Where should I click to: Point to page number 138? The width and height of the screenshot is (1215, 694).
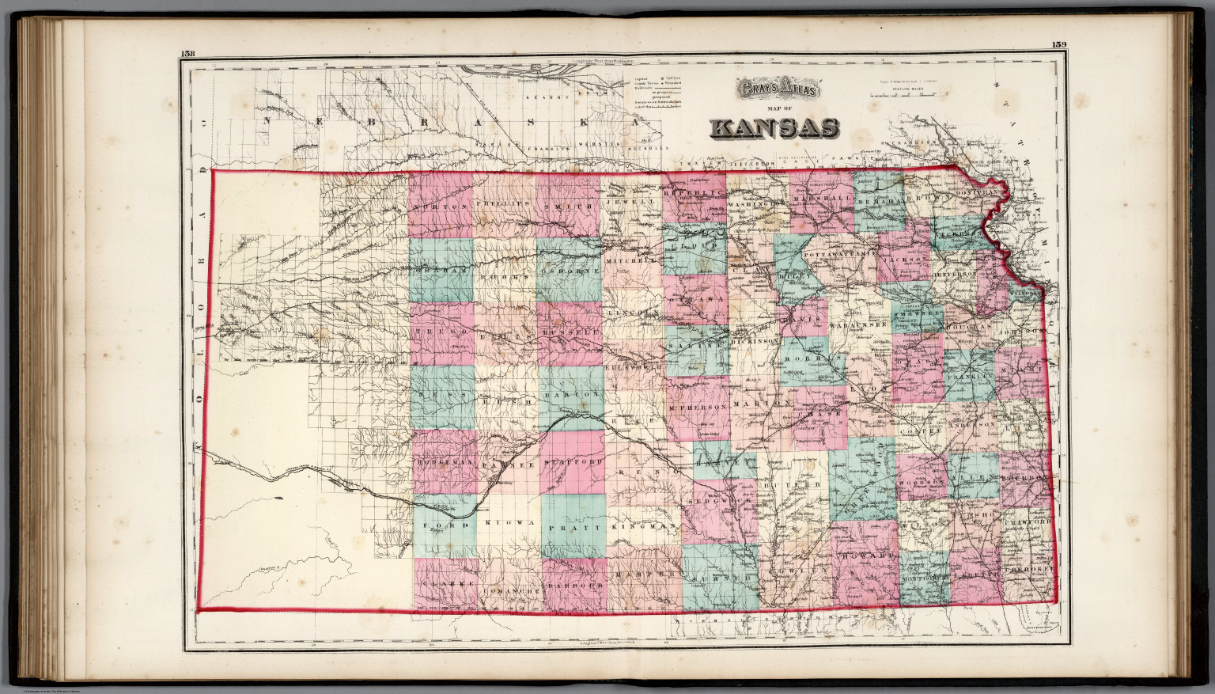point(188,54)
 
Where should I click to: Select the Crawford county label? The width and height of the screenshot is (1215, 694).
point(1028,523)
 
